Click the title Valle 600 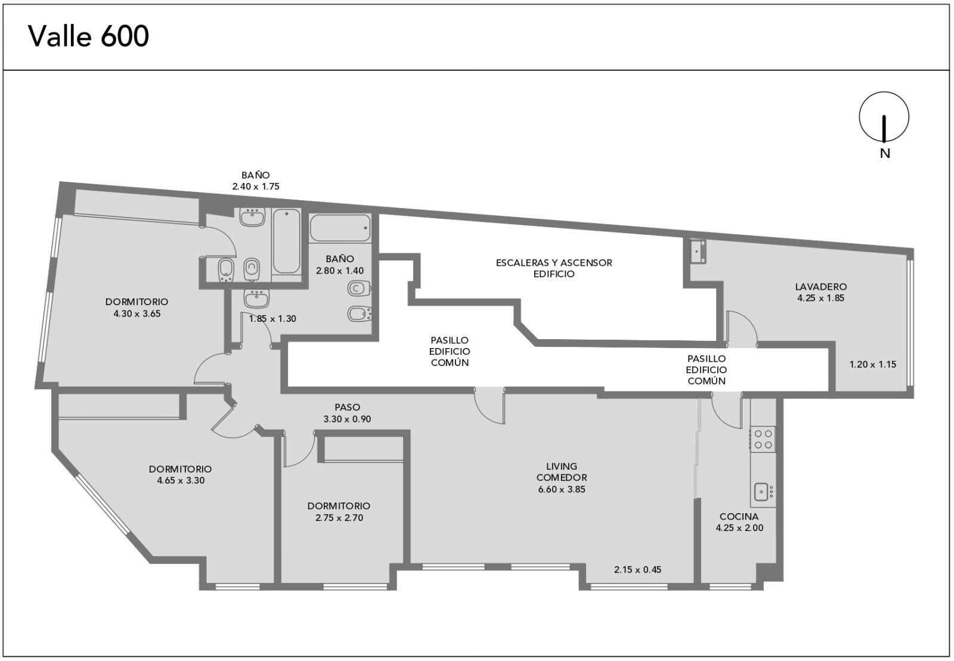click(x=89, y=36)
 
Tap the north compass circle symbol click(x=884, y=117)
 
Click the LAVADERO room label click(x=820, y=287)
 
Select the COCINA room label click(x=739, y=517)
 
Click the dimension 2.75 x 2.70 click(x=339, y=518)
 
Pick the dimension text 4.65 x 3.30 click(x=181, y=480)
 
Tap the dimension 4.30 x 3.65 click(x=137, y=314)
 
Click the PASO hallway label click(x=347, y=407)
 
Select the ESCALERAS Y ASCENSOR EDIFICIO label click(x=554, y=268)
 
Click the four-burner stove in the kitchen click(x=763, y=439)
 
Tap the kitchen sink click(x=761, y=492)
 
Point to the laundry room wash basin click(x=697, y=251)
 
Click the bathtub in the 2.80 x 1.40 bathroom click(x=340, y=228)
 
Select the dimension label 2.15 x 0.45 click(x=637, y=569)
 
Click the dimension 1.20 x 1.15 click(x=873, y=364)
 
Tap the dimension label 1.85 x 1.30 click(x=272, y=319)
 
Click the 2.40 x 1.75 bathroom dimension click(x=256, y=187)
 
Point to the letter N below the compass click(x=885, y=154)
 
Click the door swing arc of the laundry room click(x=746, y=319)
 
